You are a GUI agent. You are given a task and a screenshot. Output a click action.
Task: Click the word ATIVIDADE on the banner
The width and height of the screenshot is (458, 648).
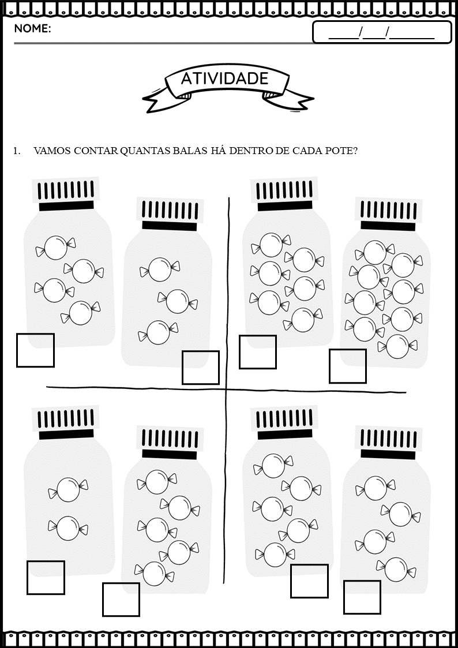pos(224,78)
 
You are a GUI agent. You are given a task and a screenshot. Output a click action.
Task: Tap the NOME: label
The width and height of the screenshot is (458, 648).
pos(33,28)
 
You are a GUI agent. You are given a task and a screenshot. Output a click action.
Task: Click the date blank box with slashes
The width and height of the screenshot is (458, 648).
pos(382,32)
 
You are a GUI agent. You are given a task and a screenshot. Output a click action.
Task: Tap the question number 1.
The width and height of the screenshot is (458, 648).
pos(17,151)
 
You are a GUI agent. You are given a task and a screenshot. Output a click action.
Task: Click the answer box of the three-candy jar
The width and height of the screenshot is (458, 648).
pos(201,368)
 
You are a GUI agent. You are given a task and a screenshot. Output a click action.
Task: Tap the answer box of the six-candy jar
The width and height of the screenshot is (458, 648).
pos(258,352)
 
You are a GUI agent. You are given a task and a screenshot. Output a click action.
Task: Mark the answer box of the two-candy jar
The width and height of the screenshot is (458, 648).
pos(46,578)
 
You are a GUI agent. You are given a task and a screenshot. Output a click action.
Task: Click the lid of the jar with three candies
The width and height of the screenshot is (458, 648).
pos(170,214)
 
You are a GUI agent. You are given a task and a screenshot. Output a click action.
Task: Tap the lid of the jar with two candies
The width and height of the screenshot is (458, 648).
pos(66,422)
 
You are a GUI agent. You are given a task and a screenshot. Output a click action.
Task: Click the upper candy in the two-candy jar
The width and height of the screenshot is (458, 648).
pos(68,489)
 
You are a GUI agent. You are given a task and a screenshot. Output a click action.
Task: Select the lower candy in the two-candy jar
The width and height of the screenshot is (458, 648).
pos(68,528)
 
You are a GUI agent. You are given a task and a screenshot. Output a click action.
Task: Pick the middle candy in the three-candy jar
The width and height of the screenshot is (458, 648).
pos(178,301)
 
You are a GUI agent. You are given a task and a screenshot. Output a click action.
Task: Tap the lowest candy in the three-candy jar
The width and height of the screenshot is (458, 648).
pos(158,332)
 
